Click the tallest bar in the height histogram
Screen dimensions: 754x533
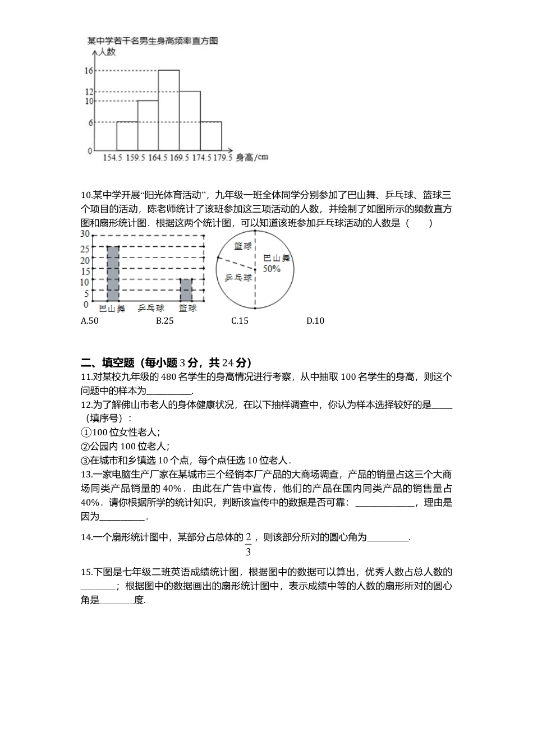pyautogui.click(x=169, y=110)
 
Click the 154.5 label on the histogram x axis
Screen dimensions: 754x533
pyautogui.click(x=112, y=158)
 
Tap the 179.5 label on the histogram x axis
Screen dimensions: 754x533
pyautogui.click(x=223, y=158)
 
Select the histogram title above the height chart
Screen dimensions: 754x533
pyautogui.click(x=152, y=40)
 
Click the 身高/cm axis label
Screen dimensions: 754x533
pyautogui.click(x=252, y=157)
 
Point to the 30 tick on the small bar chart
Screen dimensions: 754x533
pyautogui.click(x=85, y=234)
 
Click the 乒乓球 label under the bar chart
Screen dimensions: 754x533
pyautogui.click(x=151, y=308)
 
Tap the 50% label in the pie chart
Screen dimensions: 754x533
pyautogui.click(x=272, y=269)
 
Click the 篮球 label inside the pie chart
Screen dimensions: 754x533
pyautogui.click(x=242, y=246)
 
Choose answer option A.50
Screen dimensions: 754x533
pyautogui.click(x=90, y=321)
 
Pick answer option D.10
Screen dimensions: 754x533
pyautogui.click(x=315, y=321)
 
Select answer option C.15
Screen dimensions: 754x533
pyautogui.click(x=240, y=321)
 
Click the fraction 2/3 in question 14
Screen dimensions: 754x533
pyautogui.click(x=248, y=544)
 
